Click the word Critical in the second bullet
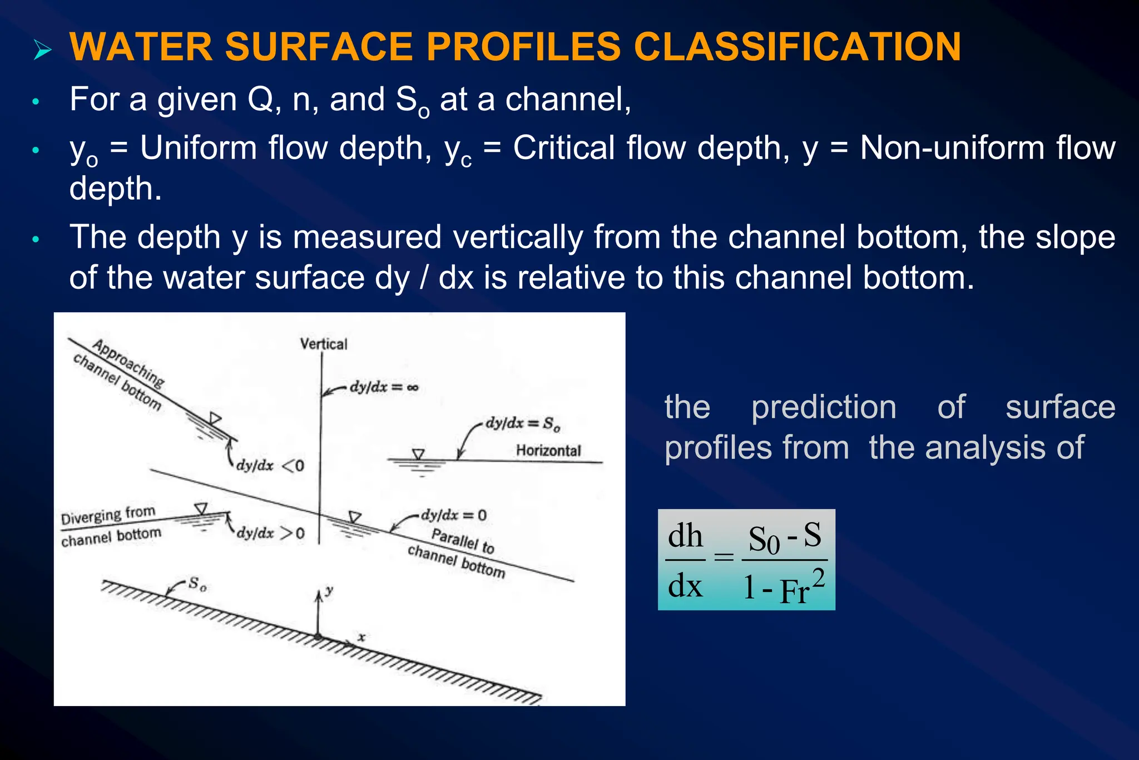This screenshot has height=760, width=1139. (x=563, y=148)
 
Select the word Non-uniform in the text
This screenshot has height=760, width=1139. (x=952, y=148)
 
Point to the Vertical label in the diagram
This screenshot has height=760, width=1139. (x=323, y=344)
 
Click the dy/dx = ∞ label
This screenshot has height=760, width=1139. (x=384, y=387)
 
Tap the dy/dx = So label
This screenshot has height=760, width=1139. (x=522, y=423)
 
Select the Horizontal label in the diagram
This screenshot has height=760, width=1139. (x=548, y=450)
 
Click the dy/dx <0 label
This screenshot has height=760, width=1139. (x=270, y=465)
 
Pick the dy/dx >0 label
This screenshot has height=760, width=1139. (x=270, y=533)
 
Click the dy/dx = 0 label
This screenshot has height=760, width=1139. (x=453, y=515)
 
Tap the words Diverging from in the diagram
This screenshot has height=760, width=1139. (x=108, y=515)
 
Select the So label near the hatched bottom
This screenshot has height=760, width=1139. (x=197, y=584)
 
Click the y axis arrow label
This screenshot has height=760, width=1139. (x=329, y=590)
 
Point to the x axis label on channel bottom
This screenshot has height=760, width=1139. (x=361, y=637)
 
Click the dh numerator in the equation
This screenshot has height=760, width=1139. (x=685, y=536)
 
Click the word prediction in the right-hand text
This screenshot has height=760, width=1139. (x=824, y=407)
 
